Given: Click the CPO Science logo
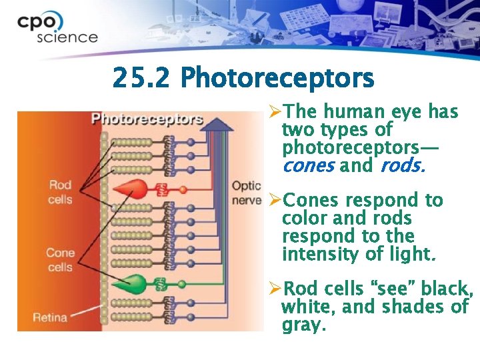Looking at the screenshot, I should coord(57,28).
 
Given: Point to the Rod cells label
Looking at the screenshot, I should coord(60,191).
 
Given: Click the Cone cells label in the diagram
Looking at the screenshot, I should coord(60,260).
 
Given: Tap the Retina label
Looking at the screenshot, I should coord(50,317).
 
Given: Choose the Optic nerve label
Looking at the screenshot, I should coord(246,193).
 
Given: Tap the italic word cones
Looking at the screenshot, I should coord(307,165).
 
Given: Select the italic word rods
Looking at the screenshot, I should coord(402,165).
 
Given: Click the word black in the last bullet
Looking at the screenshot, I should coord(445,290).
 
